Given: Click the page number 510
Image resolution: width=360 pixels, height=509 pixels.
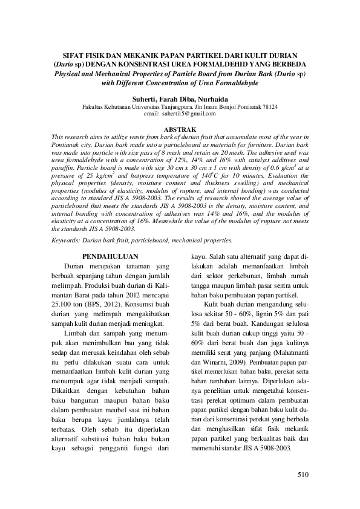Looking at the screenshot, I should point(303,475).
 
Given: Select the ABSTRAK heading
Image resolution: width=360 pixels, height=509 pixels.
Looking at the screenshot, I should point(180,129).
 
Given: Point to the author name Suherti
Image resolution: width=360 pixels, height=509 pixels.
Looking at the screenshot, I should point(143,98).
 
